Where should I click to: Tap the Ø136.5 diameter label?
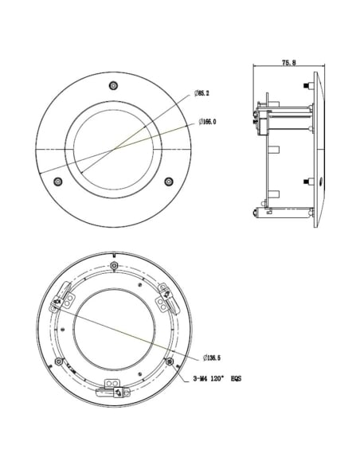[212, 358]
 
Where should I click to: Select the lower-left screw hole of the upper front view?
[57, 182]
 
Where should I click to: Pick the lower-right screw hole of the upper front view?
[169, 182]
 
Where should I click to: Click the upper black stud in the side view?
[307, 87]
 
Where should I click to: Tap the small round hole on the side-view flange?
[320, 182]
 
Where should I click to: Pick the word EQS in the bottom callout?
[236, 381]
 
